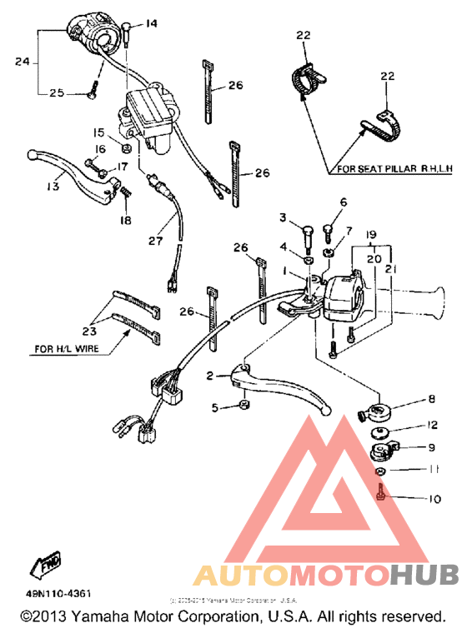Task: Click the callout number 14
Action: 151,23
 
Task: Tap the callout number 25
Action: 57,93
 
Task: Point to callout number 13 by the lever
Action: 53,187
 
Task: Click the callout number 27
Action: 155,242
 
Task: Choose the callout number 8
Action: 431,401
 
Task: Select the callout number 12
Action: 431,425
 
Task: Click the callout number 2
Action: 210,376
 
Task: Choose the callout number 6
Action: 342,202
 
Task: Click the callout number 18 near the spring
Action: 126,220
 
